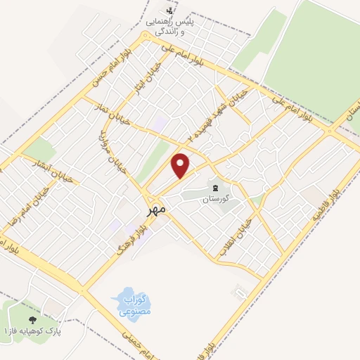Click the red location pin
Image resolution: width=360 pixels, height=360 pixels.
(x=181, y=164)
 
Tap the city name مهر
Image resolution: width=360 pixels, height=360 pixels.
(x=157, y=208)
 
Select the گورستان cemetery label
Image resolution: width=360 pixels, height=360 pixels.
(x=216, y=199)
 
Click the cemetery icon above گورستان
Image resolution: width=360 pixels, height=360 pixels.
(x=216, y=188)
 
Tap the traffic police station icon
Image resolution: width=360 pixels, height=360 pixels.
(x=168, y=11)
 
